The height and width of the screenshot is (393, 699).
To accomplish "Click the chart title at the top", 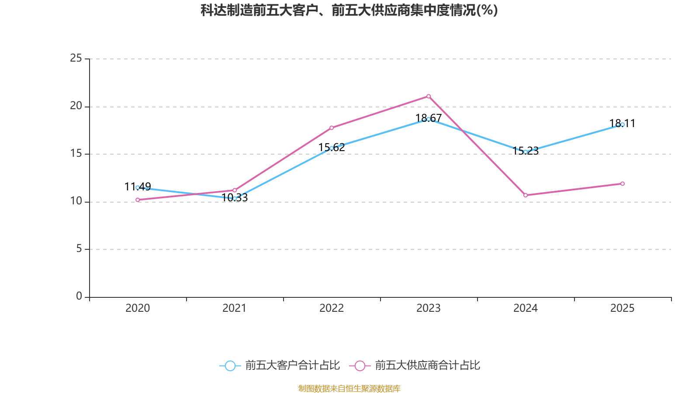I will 349,10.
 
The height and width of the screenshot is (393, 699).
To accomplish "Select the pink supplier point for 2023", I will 429,96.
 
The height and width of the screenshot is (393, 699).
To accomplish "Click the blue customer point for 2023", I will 429,119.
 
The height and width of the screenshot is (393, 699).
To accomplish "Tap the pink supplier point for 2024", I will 526,195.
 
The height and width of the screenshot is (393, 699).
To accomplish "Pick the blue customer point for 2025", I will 623,124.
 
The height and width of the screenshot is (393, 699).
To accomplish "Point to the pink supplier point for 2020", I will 138,200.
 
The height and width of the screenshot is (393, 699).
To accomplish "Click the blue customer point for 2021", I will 235,198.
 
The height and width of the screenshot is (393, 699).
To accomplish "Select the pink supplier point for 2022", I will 332,128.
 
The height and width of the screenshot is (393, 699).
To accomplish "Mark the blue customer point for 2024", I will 526,152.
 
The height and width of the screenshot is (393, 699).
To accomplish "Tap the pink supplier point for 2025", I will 623,183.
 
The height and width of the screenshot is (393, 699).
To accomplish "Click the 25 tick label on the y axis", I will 76,59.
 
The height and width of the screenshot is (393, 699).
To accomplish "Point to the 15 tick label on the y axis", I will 76,154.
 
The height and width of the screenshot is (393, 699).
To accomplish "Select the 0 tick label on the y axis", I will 79,296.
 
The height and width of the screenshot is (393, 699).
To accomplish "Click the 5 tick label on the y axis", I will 79,249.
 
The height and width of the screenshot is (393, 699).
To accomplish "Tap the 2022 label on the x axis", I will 332,308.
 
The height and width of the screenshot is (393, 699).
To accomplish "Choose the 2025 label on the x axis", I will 623,308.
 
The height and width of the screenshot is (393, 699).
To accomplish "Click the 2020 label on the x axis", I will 138,308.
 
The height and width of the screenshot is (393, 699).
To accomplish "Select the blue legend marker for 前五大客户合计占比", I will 230,365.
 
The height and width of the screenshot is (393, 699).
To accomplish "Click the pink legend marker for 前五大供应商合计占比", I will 360,365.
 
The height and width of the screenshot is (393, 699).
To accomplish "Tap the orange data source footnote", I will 349,388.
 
